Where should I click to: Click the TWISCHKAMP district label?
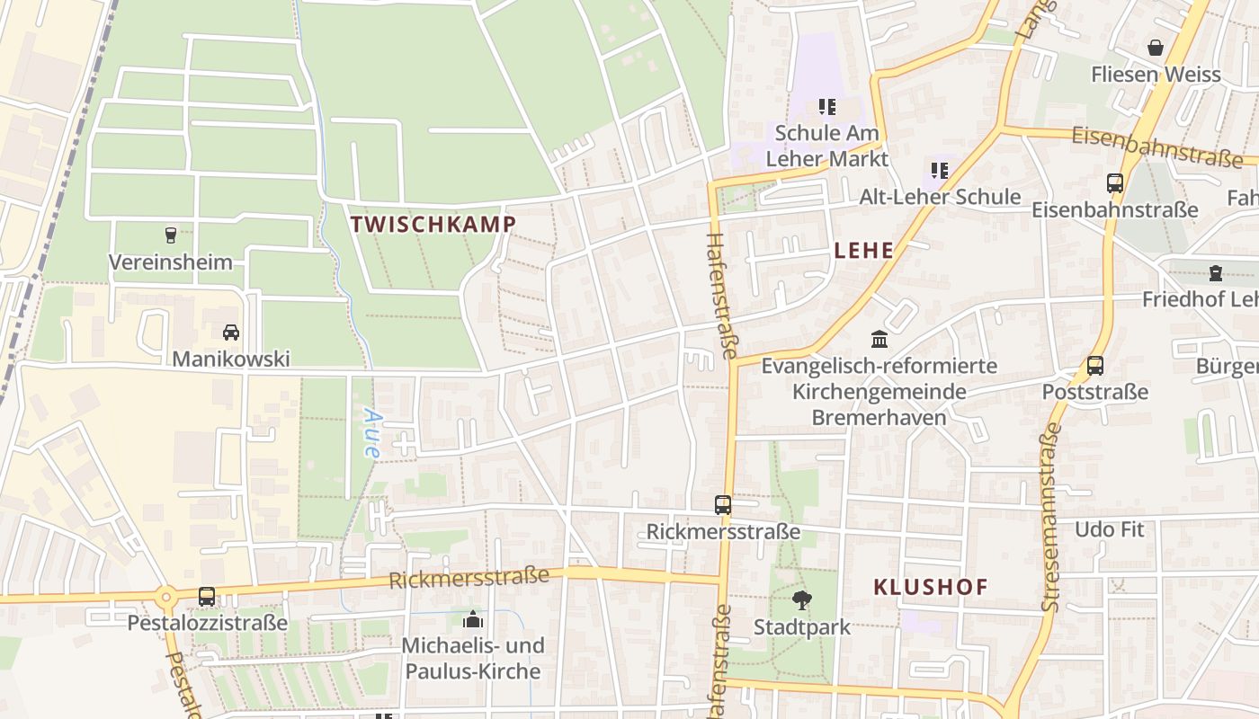tap(433, 224)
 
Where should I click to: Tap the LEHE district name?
tap(863, 251)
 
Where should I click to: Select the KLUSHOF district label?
tap(931, 587)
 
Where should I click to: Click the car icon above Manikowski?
tap(231, 333)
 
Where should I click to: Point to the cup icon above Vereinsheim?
tap(171, 235)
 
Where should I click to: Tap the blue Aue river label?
tap(371, 433)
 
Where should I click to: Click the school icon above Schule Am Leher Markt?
tap(827, 107)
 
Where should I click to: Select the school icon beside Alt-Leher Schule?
tap(940, 170)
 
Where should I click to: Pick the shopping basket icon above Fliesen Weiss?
tap(1156, 48)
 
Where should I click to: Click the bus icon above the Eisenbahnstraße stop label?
tap(1115, 183)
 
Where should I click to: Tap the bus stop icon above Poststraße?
tap(1095, 366)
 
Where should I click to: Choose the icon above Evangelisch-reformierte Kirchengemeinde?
tap(880, 340)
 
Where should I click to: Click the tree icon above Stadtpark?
tap(801, 599)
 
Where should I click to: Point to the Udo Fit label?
tap(1110, 529)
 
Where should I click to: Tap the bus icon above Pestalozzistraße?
tap(207, 596)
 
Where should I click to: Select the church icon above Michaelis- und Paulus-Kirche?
tap(473, 619)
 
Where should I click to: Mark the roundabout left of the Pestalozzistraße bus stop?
tap(165, 597)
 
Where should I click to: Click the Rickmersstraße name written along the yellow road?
tap(469, 577)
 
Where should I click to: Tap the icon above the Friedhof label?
tap(1216, 272)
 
